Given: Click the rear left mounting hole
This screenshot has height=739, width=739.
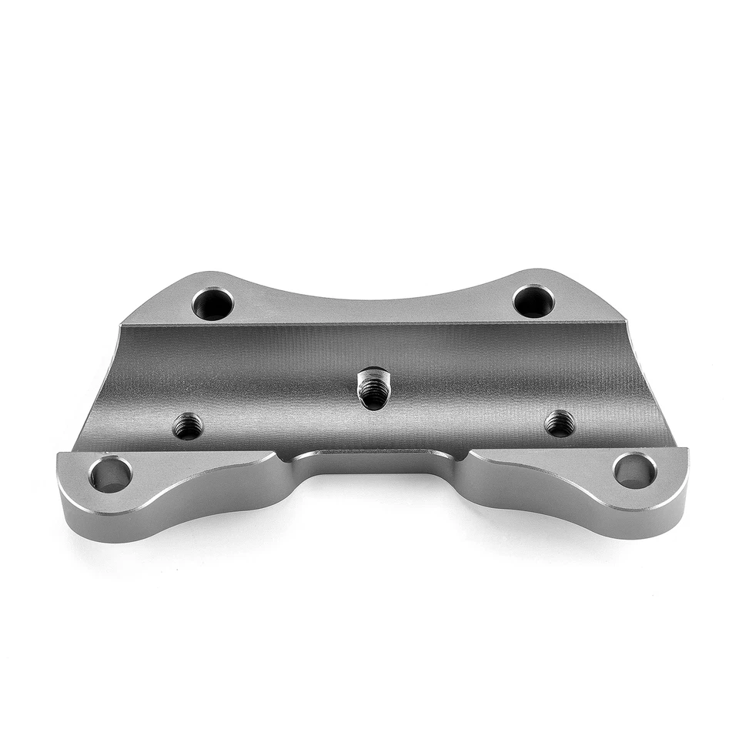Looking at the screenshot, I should [212, 303].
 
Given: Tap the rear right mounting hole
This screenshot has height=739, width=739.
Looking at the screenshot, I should [533, 300].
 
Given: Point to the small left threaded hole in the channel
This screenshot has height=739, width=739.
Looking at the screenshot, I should [187, 426].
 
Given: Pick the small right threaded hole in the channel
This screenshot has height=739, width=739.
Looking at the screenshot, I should [560, 423].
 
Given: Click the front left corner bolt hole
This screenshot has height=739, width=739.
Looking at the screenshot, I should [110, 474].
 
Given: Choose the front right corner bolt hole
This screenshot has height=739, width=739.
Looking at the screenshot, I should [634, 470].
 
